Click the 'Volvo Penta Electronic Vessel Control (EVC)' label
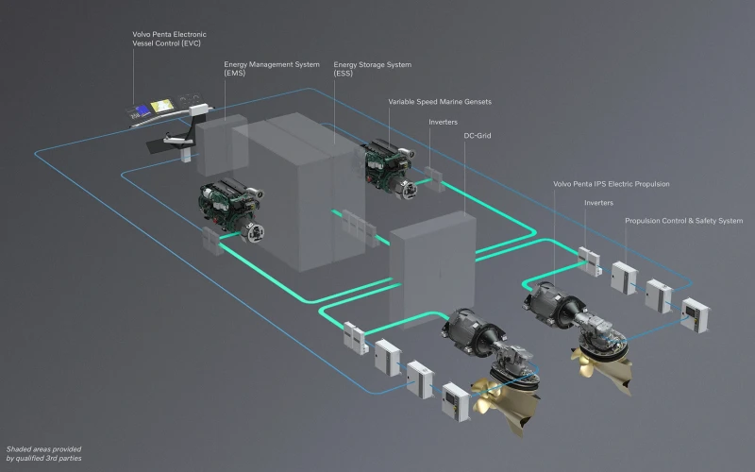click(x=169, y=39)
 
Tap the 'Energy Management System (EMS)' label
click(x=272, y=68)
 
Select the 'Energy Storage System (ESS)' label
click(x=372, y=68)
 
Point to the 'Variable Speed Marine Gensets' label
click(x=440, y=102)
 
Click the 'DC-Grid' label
click(x=478, y=136)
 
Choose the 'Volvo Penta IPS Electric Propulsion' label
click(x=611, y=184)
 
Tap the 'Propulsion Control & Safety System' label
click(x=683, y=221)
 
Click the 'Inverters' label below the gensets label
click(x=443, y=123)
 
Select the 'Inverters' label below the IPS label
click(x=598, y=203)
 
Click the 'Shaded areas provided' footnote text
click(x=43, y=449)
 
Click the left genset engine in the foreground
click(x=231, y=210)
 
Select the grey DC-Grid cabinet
click(x=432, y=270)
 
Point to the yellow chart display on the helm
click(x=162, y=106)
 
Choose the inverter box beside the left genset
click(x=211, y=241)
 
